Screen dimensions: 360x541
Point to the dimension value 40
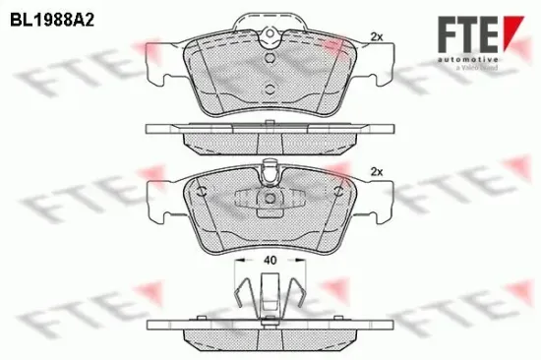[x=270, y=262]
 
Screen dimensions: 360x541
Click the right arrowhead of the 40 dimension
[x=300, y=262]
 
